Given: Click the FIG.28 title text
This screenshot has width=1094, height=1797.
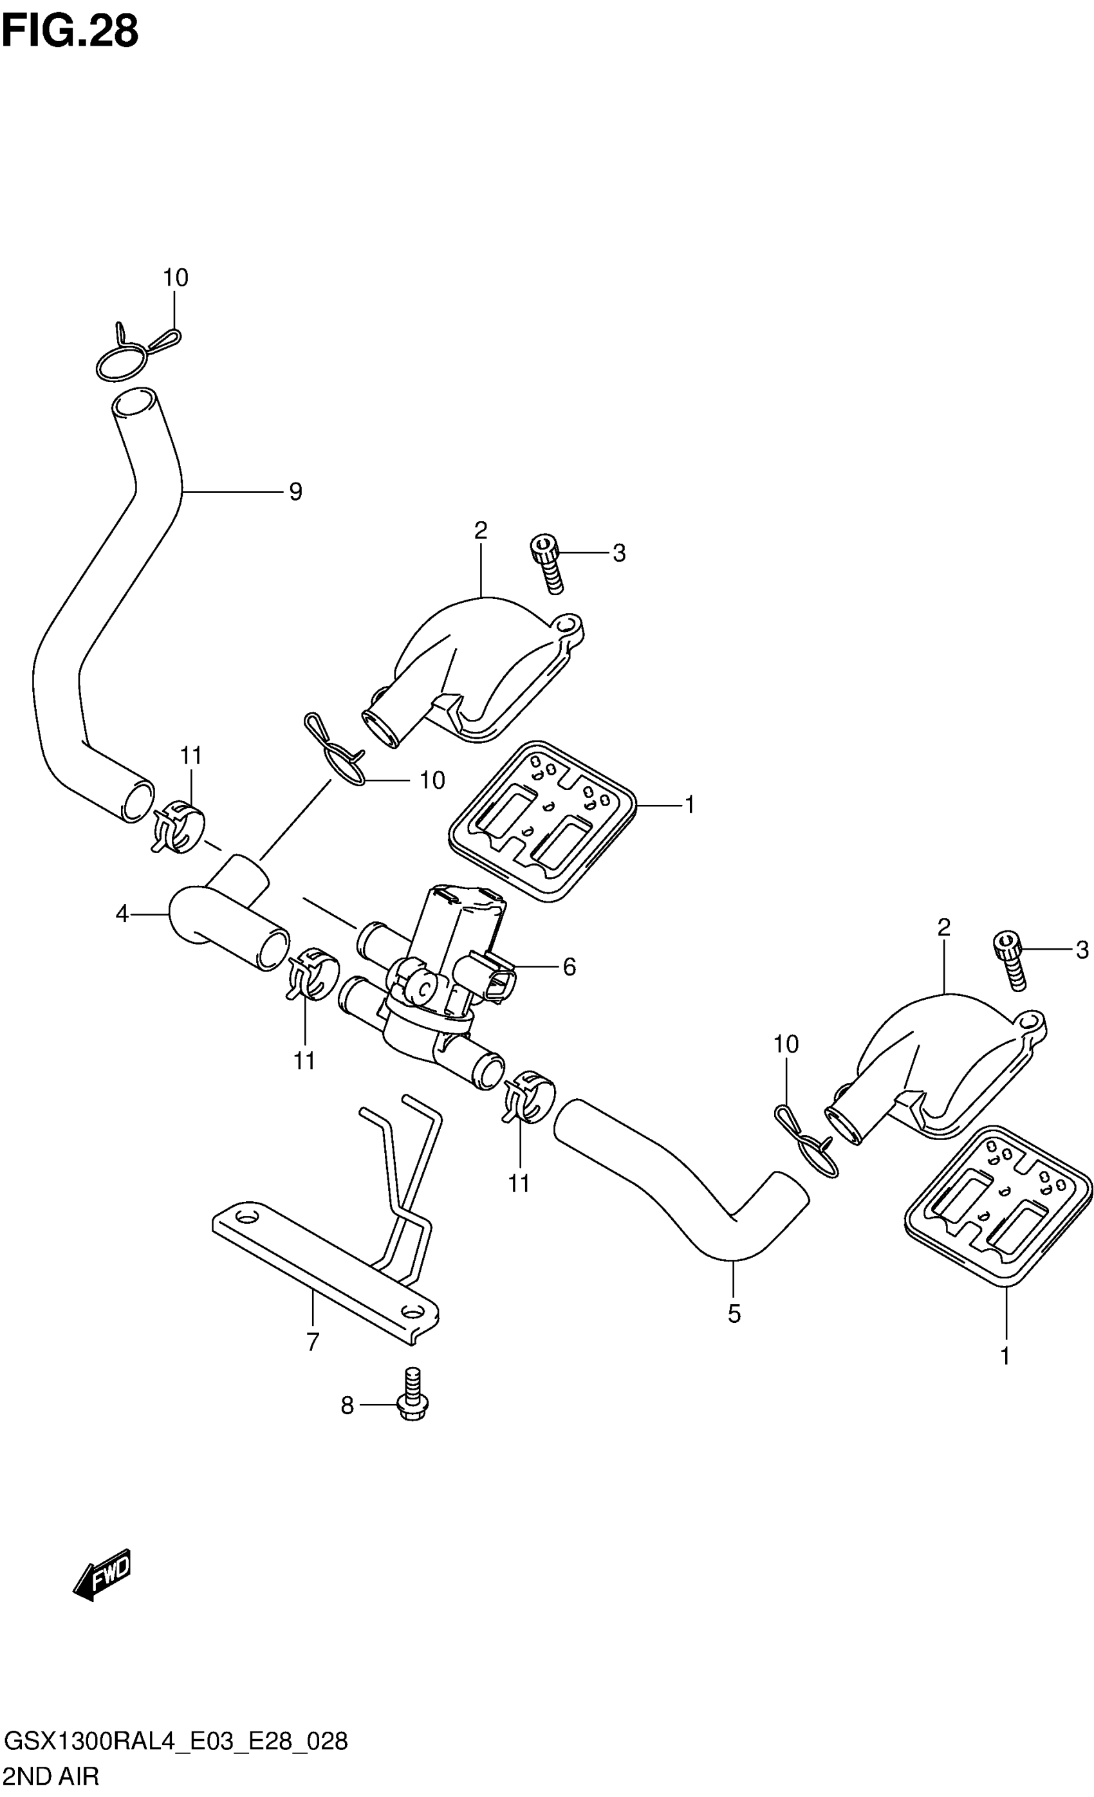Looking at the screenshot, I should coord(70,32).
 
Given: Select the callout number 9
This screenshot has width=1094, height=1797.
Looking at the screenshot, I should coord(295,492).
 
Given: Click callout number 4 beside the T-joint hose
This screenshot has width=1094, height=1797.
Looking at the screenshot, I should coord(122,913).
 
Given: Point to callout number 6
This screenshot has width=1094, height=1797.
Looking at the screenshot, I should coord(569,967).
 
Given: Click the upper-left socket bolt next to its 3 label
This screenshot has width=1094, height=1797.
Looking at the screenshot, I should coord(547,562).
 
